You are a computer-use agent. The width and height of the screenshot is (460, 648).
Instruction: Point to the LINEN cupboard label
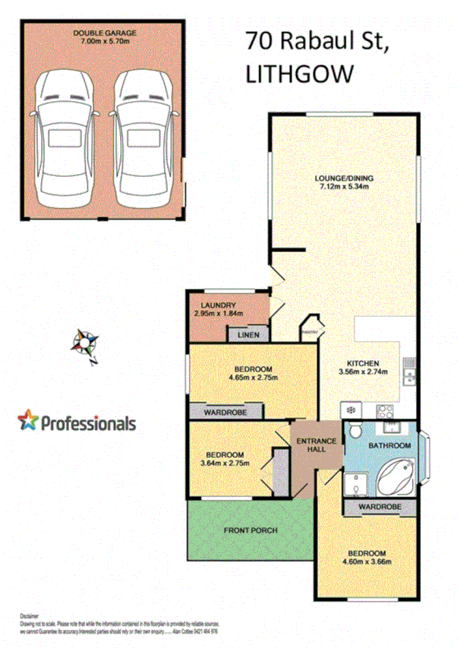click(249, 335)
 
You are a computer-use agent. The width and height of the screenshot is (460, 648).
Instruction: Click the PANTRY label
click(309, 331)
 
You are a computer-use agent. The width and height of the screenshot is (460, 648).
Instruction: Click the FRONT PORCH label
click(250, 530)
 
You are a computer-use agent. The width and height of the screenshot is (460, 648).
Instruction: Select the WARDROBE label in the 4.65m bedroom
click(225, 412)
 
